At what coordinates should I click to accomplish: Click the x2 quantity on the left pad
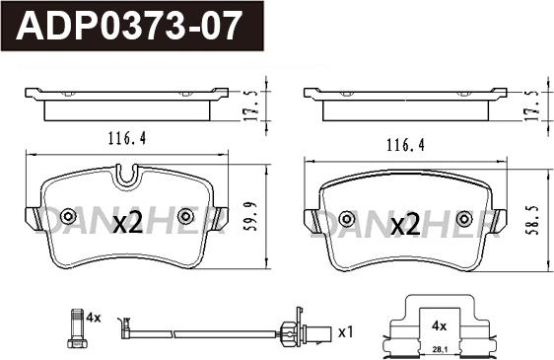click(x=128, y=225)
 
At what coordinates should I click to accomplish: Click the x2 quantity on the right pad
click(x=406, y=226)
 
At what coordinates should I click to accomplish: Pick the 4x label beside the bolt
click(x=95, y=318)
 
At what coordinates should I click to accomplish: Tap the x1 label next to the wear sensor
click(x=344, y=332)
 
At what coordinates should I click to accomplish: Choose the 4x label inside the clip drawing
click(x=438, y=324)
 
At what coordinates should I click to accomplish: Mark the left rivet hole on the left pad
click(x=68, y=217)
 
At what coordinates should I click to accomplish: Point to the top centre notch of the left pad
click(x=125, y=177)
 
